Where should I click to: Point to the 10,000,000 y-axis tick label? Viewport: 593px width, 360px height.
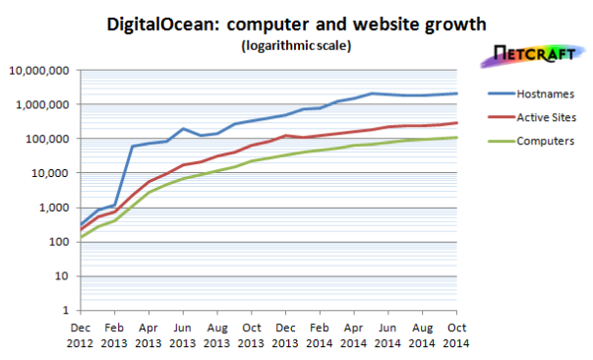coord(35,71)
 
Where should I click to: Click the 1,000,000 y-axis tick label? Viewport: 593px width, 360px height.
coord(38,104)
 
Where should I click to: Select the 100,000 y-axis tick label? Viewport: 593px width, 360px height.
coord(43,139)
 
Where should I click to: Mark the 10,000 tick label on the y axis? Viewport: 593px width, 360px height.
coord(46,173)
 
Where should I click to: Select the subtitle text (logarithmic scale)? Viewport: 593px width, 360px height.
coord(295,45)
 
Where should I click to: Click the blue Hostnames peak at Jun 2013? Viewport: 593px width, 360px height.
coord(184,129)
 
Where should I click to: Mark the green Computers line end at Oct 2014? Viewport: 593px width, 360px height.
coord(457,137)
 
